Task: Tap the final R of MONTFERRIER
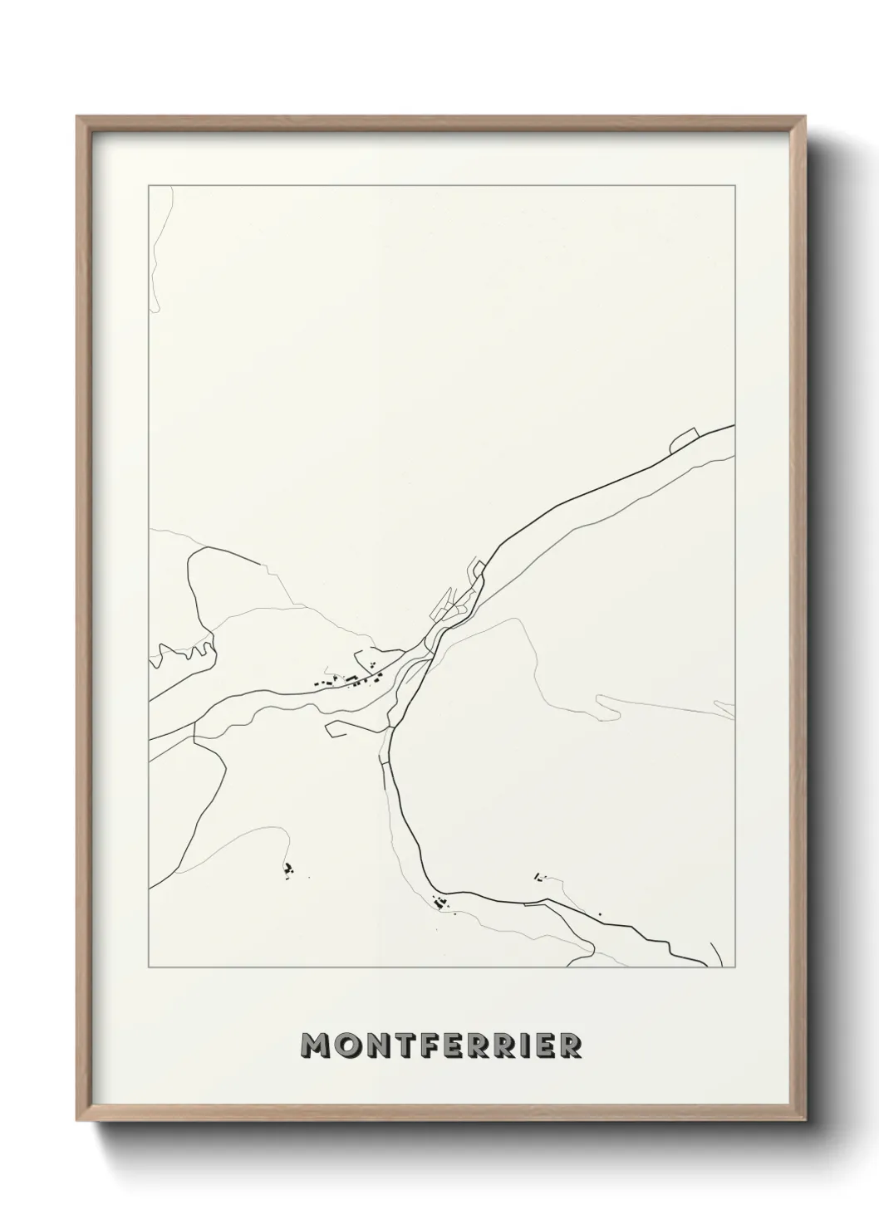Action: click(x=569, y=1046)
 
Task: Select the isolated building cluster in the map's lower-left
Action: click(x=289, y=869)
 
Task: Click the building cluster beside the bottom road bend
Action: click(x=439, y=903)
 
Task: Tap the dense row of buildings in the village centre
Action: click(x=349, y=680)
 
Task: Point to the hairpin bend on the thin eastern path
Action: click(x=611, y=707)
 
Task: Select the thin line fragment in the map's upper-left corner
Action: click(x=160, y=249)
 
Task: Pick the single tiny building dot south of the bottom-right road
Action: click(x=600, y=914)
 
